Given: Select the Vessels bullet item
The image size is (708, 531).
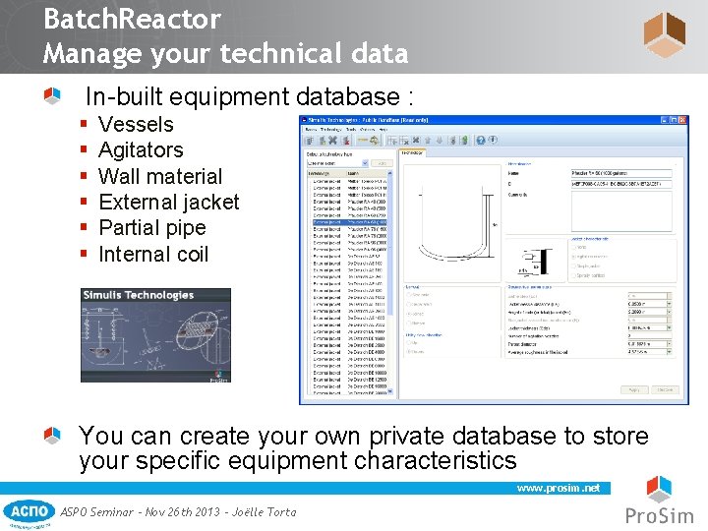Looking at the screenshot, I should [136, 125].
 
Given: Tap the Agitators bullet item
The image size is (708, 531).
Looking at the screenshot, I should [141, 150].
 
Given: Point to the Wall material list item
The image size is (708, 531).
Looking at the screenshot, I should [160, 177].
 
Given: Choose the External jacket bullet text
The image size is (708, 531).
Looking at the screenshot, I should [169, 203].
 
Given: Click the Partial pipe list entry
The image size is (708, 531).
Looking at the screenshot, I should [152, 228].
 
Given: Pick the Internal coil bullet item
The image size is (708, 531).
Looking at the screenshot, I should [153, 255].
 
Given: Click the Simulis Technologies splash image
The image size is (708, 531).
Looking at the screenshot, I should [156, 334].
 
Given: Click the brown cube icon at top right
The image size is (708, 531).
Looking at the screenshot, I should [664, 34].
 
